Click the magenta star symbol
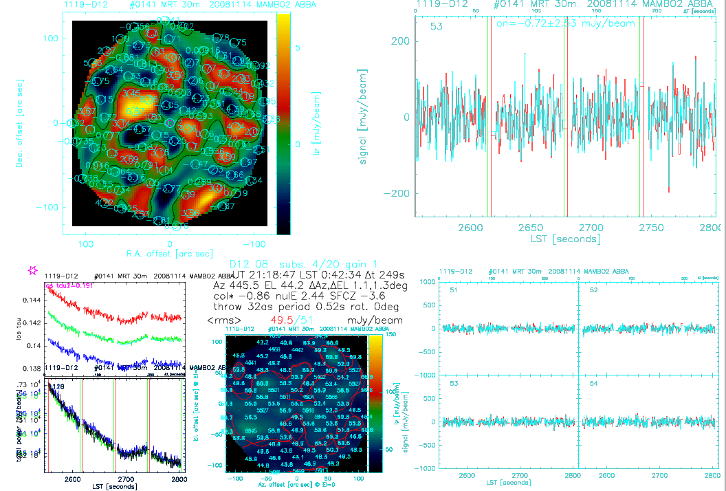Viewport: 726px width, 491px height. point(32,270)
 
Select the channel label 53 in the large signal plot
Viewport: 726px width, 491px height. point(436,27)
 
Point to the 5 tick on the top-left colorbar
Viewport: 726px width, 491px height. point(297,47)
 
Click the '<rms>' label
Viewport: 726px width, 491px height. point(223,320)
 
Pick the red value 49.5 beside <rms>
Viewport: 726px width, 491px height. point(280,320)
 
